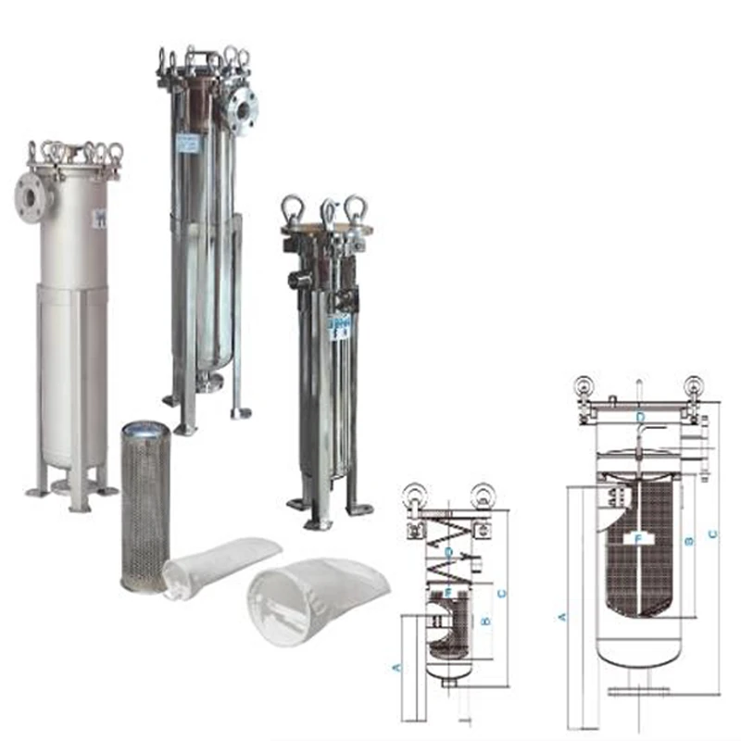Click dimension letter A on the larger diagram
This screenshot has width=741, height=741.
561,614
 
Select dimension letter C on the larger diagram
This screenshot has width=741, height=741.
711,534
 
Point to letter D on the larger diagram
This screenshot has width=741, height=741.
639,418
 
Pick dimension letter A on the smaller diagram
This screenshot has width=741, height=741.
397,666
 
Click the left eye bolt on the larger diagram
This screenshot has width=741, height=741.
584,387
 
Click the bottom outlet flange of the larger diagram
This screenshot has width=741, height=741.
639,690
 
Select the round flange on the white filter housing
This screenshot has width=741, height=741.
24,196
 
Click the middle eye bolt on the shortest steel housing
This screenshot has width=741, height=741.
329,212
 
